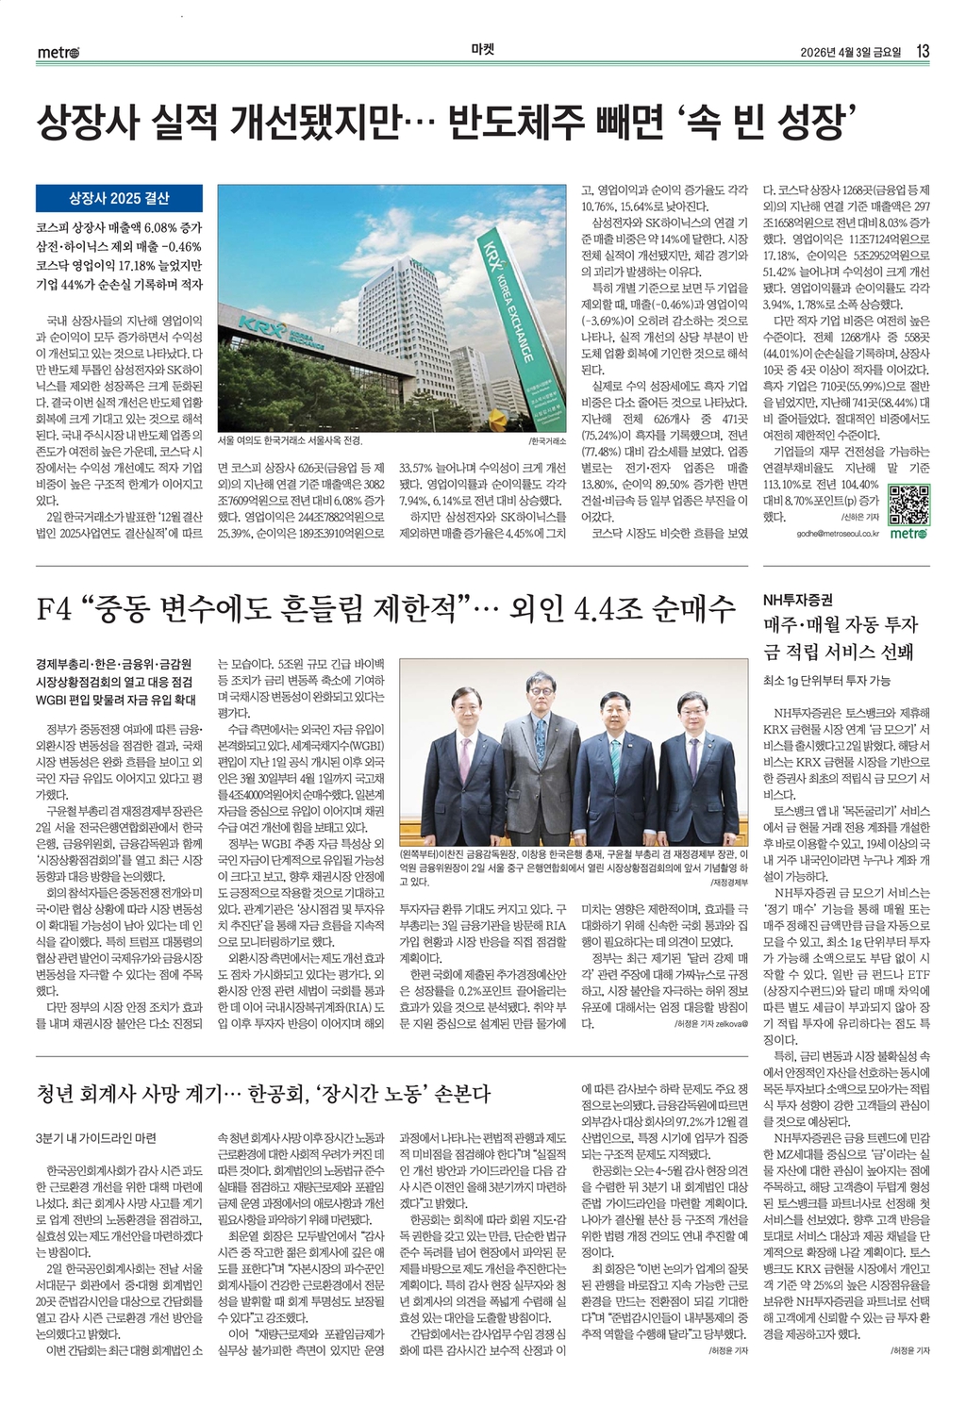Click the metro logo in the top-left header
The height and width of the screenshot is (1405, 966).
click(x=58, y=52)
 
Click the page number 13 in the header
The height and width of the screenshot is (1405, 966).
click(x=923, y=51)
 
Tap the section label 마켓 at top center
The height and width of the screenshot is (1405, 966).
click(x=483, y=51)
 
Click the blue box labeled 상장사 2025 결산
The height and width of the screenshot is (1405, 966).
click(x=119, y=198)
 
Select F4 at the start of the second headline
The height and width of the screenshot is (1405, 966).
click(x=54, y=609)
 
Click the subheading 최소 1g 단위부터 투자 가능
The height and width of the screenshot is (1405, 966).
click(x=826, y=680)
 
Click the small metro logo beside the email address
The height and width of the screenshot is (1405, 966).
click(x=908, y=534)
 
